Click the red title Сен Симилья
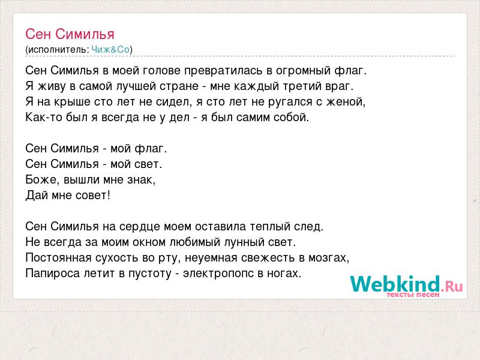click(x=70, y=34)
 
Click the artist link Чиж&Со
click(x=110, y=50)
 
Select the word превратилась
click(x=223, y=71)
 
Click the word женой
click(x=346, y=102)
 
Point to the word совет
click(x=93, y=196)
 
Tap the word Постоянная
click(x=58, y=258)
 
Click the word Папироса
click(x=53, y=274)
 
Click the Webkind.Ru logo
click(x=407, y=284)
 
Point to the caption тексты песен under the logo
click(x=413, y=295)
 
